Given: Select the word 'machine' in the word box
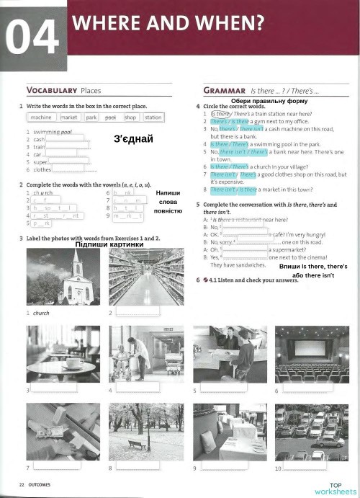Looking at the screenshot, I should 41,117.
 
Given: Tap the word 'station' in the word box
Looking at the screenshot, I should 153,117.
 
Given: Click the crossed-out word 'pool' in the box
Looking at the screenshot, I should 110,117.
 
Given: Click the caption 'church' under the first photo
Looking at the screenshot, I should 41,313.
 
